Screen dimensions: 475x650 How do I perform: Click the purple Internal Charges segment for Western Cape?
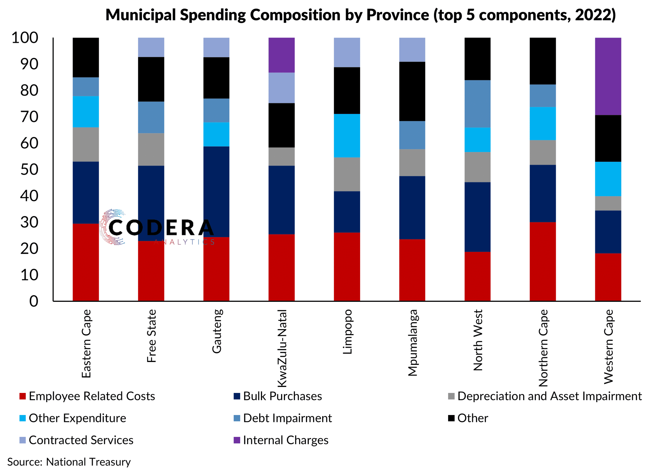pos(608,76)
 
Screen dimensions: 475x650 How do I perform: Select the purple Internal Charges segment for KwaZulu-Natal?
pos(281,55)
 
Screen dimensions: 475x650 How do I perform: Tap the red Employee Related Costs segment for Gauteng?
pos(216,269)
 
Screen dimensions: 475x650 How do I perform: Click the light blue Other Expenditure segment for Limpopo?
pos(347,135)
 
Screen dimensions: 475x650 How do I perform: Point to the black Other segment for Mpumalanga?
pos(412,91)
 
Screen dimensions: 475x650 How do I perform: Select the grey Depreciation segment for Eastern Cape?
pos(86,144)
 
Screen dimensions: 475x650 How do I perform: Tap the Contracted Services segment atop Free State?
pos(151,47)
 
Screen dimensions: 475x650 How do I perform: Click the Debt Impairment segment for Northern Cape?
pos(543,96)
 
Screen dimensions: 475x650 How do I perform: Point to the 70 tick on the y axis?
pos(29,117)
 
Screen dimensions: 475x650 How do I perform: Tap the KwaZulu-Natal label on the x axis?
pos(282,348)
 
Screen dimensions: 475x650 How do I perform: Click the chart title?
pos(361,15)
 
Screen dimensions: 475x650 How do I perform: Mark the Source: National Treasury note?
pos(69,462)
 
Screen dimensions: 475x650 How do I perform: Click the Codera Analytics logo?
pos(157,227)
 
